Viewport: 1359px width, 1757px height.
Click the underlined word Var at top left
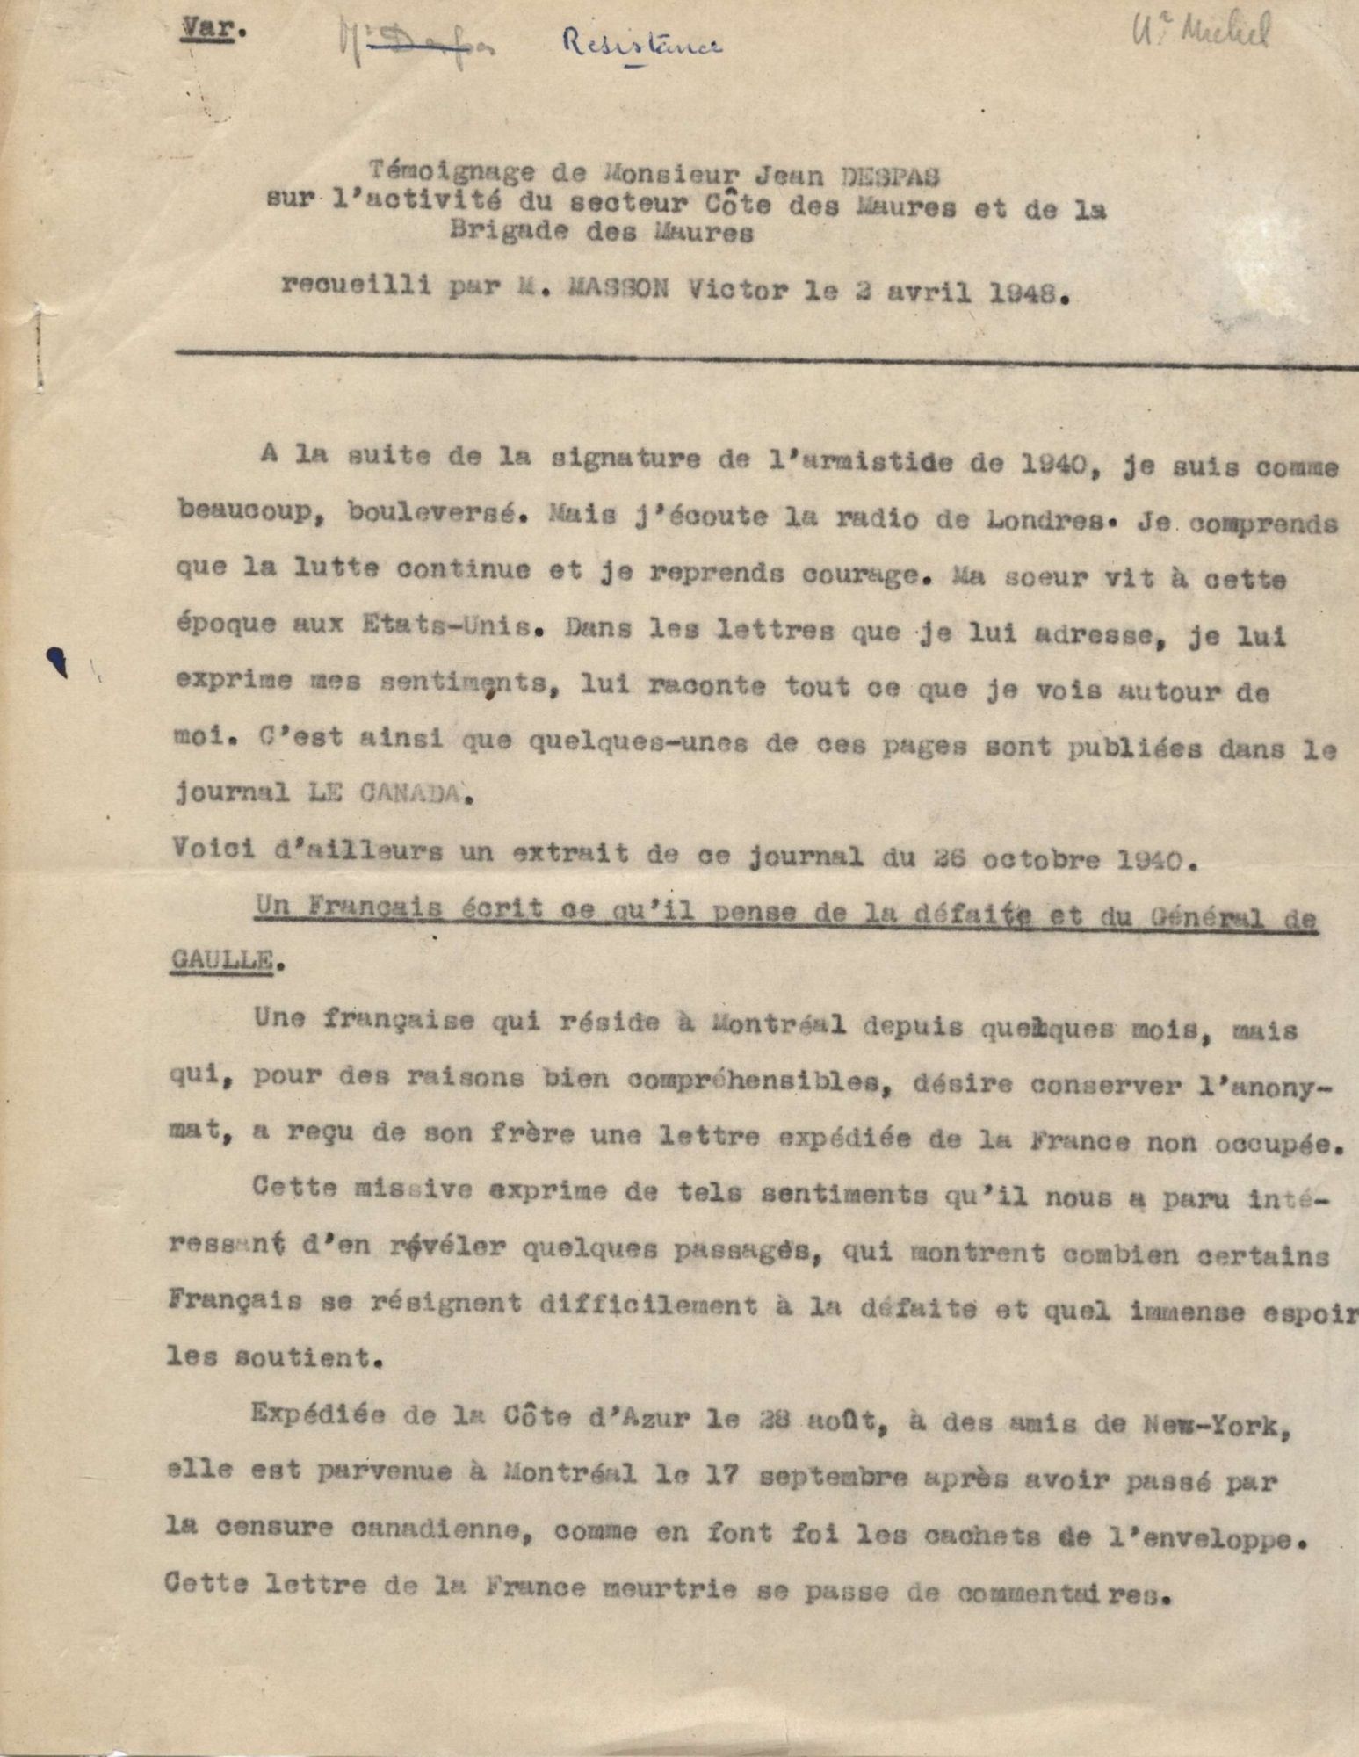coord(201,26)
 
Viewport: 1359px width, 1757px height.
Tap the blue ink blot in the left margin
coord(59,660)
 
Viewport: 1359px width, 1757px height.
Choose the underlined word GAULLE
coord(219,961)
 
